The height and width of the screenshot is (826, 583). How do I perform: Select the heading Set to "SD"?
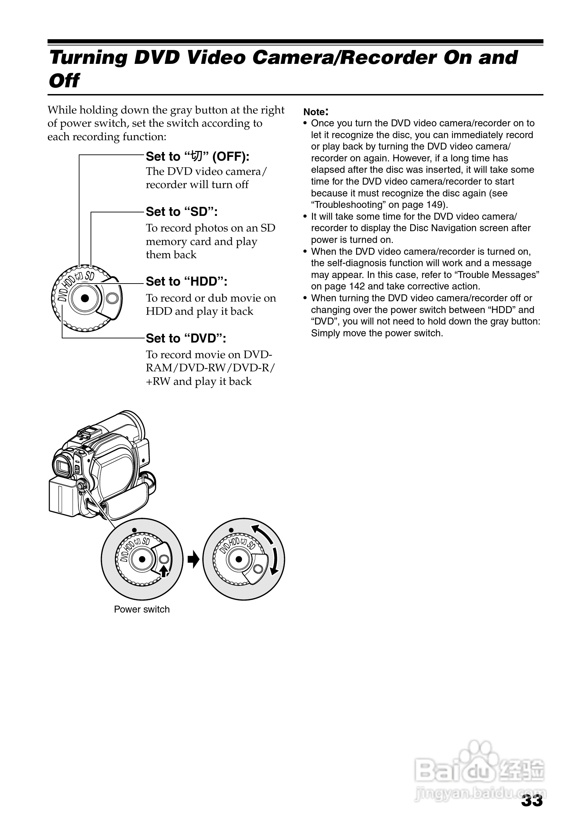click(181, 212)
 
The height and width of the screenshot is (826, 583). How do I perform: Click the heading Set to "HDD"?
click(186, 281)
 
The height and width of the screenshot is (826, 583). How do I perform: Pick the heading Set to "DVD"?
click(186, 338)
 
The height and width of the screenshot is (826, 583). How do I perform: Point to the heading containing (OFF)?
click(197, 157)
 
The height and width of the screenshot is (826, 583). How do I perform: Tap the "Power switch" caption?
click(142, 609)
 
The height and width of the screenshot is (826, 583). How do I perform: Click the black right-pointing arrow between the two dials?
click(194, 560)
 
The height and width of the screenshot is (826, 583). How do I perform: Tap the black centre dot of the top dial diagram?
click(85, 298)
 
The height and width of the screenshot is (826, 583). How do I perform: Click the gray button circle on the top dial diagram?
click(112, 298)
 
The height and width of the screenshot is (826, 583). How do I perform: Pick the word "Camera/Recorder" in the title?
click(344, 58)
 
